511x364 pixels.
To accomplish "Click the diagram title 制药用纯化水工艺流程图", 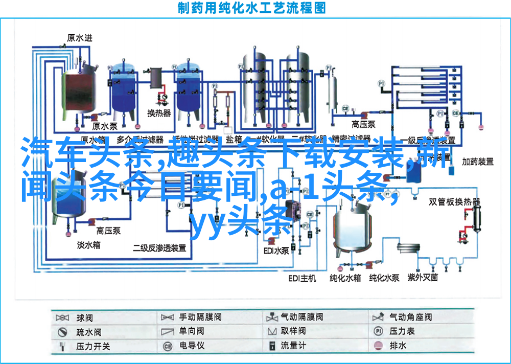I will coord(252,8).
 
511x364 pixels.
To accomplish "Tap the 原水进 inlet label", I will coord(81,37).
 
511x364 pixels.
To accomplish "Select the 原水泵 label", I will coord(105,126).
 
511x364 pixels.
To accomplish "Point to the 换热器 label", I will coord(159,113).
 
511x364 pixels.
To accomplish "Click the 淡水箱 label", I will coord(89,245).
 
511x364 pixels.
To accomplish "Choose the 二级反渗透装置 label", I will coord(159,248).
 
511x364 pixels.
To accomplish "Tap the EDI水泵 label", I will coord(276,251).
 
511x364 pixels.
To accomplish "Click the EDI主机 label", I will coord(302,278).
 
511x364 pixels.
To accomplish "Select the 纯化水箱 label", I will coord(345,278).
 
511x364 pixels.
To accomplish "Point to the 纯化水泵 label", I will coord(385,278).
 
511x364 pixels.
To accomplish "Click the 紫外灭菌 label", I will coord(423,278).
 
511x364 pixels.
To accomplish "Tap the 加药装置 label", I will coord(478,162).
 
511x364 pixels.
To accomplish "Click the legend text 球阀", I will coord(85,317).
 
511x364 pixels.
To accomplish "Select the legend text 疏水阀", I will coord(88,332).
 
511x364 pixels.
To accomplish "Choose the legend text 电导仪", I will coord(192,346).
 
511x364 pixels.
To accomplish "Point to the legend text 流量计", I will coord(293,346).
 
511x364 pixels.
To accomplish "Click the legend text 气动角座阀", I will coord(410,317).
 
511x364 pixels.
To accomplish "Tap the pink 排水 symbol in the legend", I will coord(378,346).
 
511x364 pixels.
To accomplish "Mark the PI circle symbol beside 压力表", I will coord(378,331).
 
